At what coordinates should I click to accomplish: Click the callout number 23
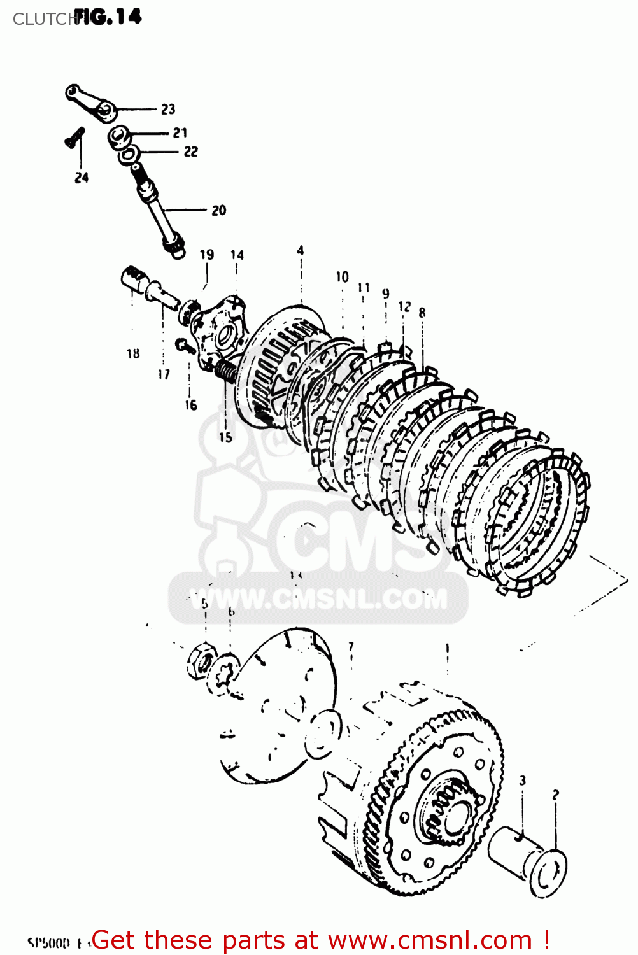click(168, 109)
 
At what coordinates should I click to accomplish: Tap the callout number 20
click(218, 210)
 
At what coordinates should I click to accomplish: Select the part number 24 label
click(82, 178)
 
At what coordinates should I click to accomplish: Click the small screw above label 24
click(74, 137)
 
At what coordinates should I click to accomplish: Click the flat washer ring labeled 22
click(131, 153)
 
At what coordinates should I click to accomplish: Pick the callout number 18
click(133, 353)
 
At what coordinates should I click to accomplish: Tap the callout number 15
click(225, 437)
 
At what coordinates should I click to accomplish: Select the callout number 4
click(301, 250)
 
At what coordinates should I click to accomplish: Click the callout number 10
click(343, 277)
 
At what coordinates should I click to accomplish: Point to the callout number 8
click(422, 313)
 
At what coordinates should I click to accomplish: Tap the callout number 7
click(351, 647)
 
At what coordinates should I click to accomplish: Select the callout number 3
click(523, 780)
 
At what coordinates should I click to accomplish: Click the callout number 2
click(556, 795)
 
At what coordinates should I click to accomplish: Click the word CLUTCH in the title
click(43, 20)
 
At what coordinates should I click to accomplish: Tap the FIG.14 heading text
click(108, 17)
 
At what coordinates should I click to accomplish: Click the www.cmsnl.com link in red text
click(430, 940)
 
